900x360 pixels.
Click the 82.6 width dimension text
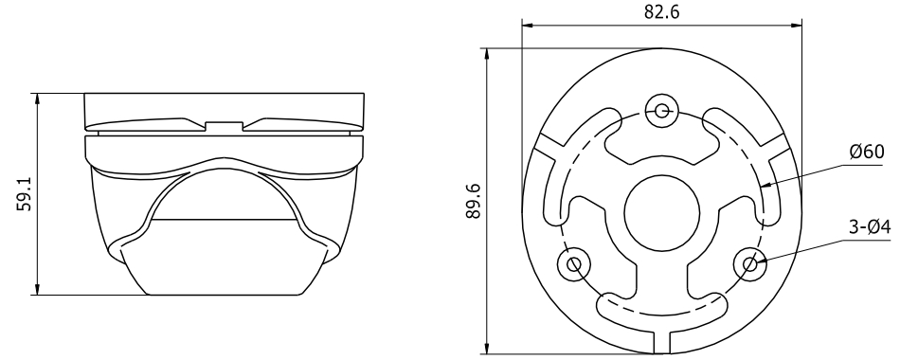(661, 11)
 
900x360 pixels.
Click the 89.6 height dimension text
(474, 201)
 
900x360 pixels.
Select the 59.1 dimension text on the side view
(24, 193)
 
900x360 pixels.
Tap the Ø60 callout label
(867, 153)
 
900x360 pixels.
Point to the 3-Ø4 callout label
(870, 228)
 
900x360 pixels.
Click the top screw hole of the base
(662, 110)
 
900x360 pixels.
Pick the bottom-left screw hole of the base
(574, 264)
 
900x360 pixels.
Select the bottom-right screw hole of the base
(750, 264)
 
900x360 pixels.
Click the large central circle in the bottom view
(662, 213)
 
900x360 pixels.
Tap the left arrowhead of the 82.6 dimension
(528, 25)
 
